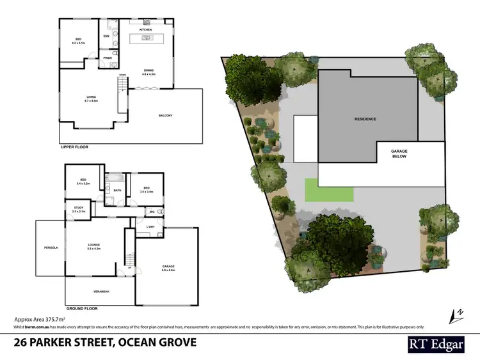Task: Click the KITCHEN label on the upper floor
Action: [x=145, y=30]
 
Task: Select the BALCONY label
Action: [x=165, y=115]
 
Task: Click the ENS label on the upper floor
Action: [x=106, y=36]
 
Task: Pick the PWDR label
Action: [x=107, y=58]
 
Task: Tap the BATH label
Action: [x=117, y=190]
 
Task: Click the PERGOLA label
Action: [x=51, y=247]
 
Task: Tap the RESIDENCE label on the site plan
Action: [x=365, y=119]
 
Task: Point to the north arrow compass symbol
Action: [x=457, y=315]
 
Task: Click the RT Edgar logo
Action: [x=437, y=343]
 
